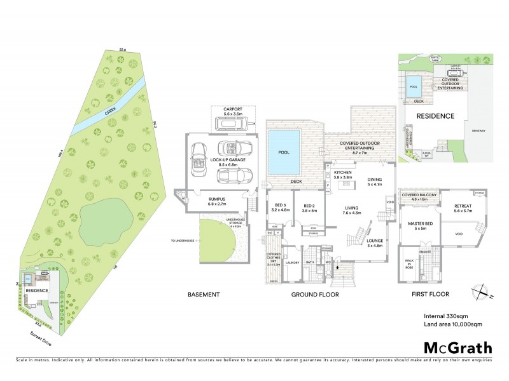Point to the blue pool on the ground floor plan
(x=283, y=153)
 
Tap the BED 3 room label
(x=280, y=207)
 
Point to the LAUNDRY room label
(x=293, y=262)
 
